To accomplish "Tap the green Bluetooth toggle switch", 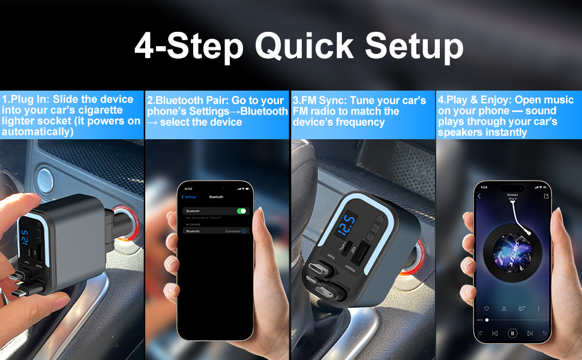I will coord(242,211).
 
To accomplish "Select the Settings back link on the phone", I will coord(190,197).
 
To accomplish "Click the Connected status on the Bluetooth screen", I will coord(232,231).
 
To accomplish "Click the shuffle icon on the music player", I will coord(478,332).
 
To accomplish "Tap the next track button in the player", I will coord(530,332).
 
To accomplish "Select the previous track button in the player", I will coord(495,332).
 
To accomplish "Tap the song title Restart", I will coord(512,195).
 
